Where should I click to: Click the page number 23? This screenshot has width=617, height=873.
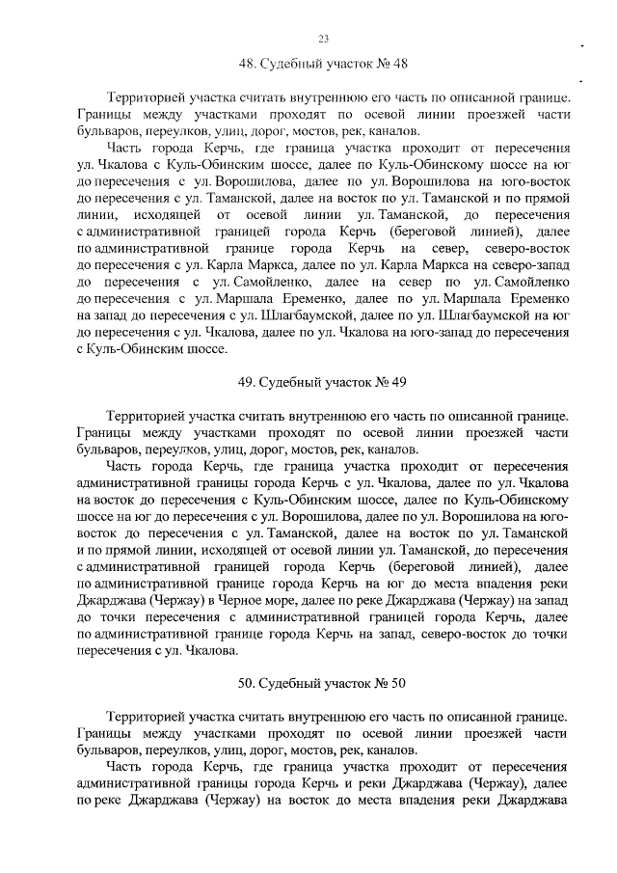[323, 39]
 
